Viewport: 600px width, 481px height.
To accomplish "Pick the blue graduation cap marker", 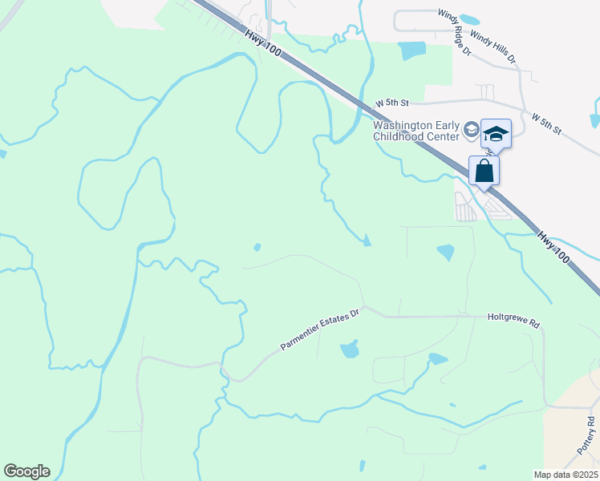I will click(x=496, y=133).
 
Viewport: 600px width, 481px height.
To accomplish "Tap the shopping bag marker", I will click(x=484, y=171).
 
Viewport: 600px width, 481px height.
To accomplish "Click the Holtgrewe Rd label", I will click(x=514, y=317).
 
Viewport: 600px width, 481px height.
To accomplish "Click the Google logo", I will click(x=26, y=471).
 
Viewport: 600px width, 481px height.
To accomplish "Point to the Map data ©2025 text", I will click(x=566, y=475).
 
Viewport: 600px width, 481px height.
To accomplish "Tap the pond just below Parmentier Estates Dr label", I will click(x=349, y=350).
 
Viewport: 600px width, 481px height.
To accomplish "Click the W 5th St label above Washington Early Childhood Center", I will click(x=393, y=104).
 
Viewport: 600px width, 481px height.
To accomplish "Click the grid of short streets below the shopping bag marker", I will click(x=465, y=208).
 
